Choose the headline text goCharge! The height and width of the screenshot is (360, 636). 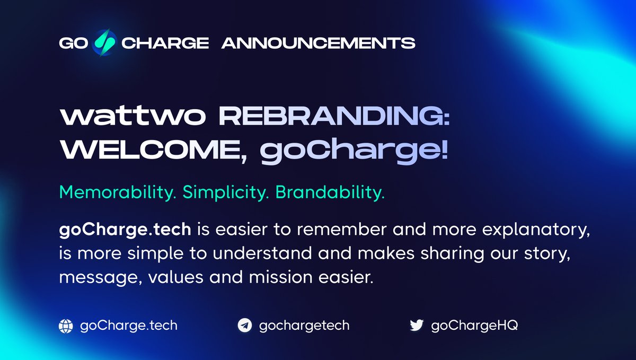click(354, 152)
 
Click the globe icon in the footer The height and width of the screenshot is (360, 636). click(65, 326)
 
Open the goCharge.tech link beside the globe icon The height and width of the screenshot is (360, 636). click(128, 325)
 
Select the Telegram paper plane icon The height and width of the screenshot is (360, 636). click(244, 326)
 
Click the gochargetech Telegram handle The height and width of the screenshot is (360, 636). click(304, 325)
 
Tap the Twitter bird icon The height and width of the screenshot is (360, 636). click(417, 326)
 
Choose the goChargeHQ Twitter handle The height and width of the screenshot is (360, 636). click(474, 325)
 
